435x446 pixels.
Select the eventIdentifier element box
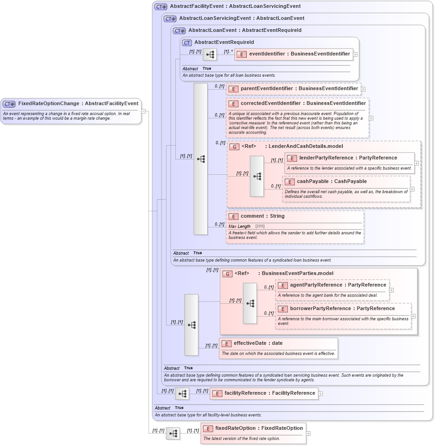coord(294,54)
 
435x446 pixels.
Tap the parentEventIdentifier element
coord(293,89)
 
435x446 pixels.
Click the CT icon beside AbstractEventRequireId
coord(187,43)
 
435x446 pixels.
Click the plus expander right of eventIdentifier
coord(355,55)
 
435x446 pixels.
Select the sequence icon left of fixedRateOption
coord(173,434)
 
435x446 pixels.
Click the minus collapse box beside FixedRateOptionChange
coord(143,111)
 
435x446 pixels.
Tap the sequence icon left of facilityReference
coord(182,394)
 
